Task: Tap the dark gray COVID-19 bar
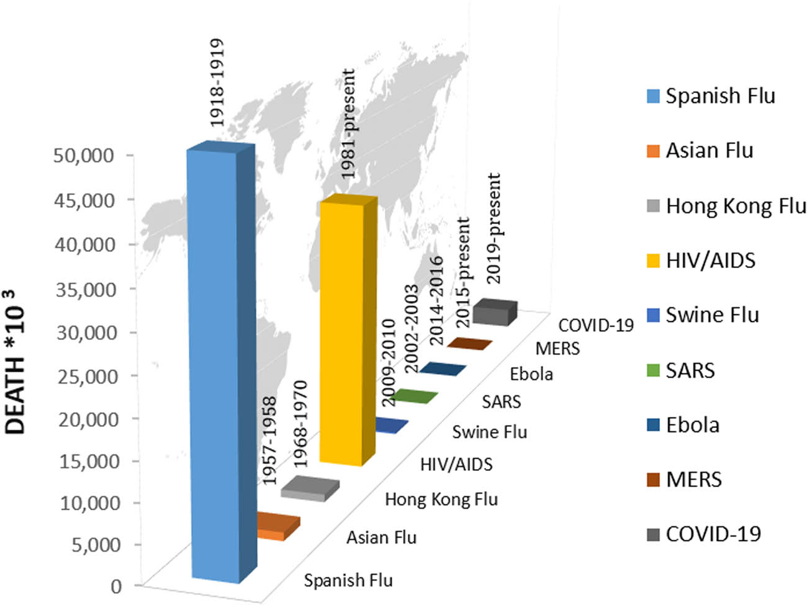[494, 312]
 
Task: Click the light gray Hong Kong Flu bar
[309, 488]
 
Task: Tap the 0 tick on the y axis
[116, 586]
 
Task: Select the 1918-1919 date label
[216, 83]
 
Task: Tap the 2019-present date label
[494, 228]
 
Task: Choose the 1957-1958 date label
[269, 441]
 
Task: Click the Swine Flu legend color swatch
[652, 315]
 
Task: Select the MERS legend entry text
[693, 480]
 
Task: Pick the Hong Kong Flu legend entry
[736, 206]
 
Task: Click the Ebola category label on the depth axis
[531, 374]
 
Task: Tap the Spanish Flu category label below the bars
[348, 581]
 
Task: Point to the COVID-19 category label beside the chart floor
[595, 325]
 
